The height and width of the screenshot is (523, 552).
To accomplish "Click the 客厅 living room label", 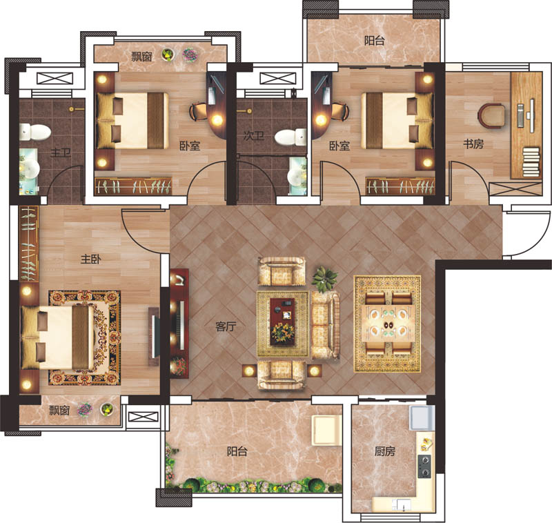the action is [226, 326].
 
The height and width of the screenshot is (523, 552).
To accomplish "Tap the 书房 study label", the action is [473, 144].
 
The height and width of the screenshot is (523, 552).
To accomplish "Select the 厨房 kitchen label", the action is [385, 451].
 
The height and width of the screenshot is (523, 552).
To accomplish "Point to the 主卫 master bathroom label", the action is [61, 152].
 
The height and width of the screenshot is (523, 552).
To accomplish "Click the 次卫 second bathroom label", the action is [253, 136].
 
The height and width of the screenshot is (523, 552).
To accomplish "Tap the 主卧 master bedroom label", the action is [91, 259].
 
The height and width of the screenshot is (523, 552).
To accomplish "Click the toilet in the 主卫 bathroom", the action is [35, 132].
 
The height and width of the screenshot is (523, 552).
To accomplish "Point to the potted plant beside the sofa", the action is [324, 278].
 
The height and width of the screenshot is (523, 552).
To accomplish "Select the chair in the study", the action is [491, 115].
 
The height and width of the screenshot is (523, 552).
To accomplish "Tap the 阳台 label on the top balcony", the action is [374, 41].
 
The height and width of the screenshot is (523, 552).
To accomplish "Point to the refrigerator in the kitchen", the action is [422, 417].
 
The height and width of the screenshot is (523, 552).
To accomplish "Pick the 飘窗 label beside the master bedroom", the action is [59, 410].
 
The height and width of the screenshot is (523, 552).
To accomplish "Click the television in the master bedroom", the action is [154, 337].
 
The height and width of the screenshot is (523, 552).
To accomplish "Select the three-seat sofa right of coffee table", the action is [325, 325].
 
